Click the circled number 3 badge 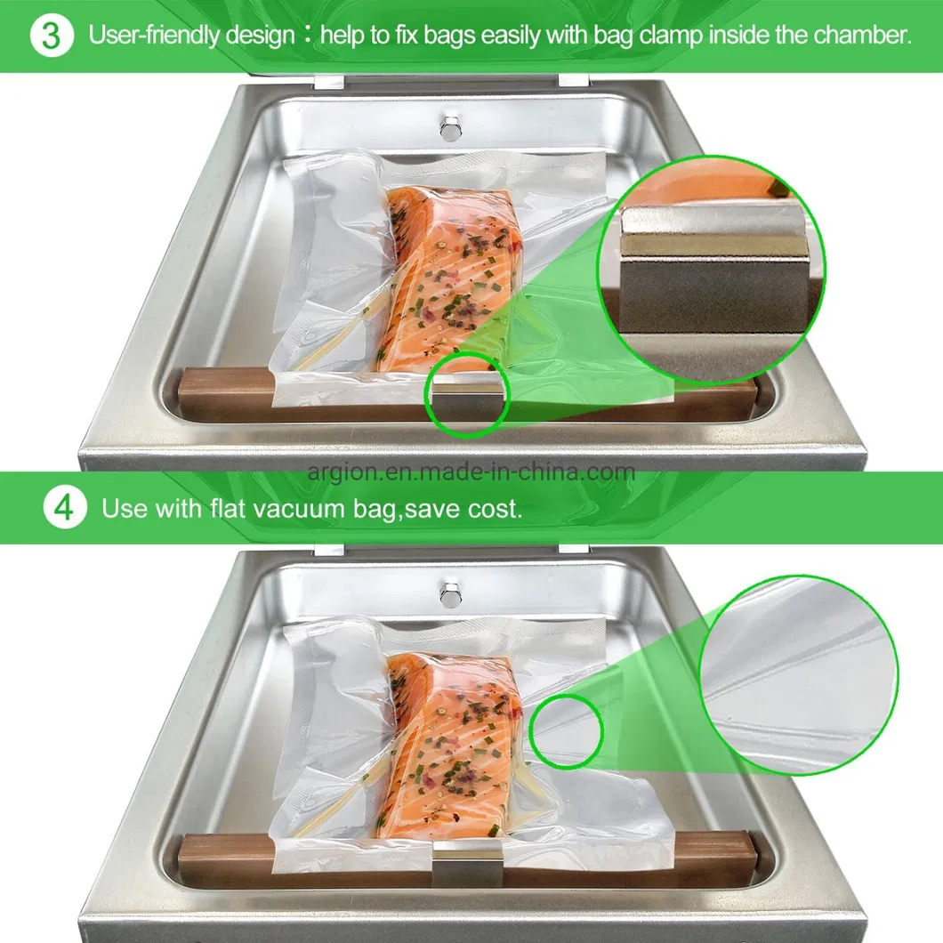[x=52, y=36]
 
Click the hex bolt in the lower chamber [x=450, y=590]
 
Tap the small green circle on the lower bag [x=566, y=732]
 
